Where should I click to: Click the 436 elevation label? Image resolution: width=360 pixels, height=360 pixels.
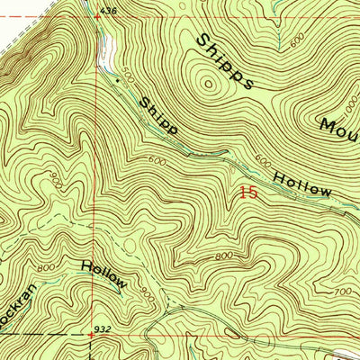[109, 10]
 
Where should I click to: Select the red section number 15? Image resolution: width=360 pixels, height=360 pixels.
[249, 192]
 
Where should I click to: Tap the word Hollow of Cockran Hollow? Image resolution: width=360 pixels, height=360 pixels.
[104, 274]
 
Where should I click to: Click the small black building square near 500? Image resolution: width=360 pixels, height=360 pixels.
[116, 78]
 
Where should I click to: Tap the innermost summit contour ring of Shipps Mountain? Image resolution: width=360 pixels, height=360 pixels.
[210, 85]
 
